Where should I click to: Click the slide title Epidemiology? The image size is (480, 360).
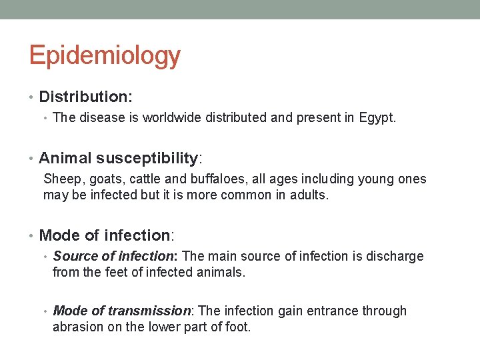[105, 56]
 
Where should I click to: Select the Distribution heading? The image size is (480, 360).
[85, 97]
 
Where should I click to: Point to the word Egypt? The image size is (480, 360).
[377, 118]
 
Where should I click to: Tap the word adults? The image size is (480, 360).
[310, 195]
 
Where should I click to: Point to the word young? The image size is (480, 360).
[363, 179]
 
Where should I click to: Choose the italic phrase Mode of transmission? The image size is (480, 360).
[123, 311]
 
